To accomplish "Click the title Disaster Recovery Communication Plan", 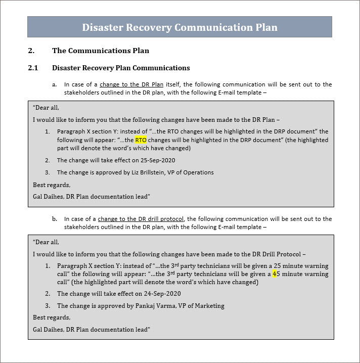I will pos(179,27).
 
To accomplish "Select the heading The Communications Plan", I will pos(100,51).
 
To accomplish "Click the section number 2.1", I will pos(33,68).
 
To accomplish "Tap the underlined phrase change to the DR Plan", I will pos(131,84).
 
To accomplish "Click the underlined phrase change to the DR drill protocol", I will pos(141,219).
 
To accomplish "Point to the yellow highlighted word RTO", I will pos(141,140).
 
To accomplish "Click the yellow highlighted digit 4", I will pos(275,274).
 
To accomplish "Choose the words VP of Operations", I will pos(195,172).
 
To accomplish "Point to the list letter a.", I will pos(54,84).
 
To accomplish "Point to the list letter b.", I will pos(54,219).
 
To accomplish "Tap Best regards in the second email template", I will pos(52,317).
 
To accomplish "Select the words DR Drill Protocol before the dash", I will pos(277,254).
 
